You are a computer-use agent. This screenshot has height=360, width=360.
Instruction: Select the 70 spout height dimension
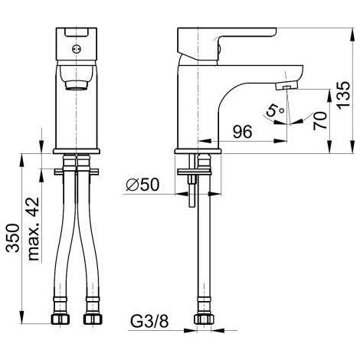(x=320, y=121)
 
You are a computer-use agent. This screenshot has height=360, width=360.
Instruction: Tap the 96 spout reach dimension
(x=242, y=132)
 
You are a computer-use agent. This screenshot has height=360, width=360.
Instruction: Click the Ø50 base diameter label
(x=142, y=185)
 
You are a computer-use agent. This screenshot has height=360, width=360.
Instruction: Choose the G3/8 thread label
(x=149, y=321)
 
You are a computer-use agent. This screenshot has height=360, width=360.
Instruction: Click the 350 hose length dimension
(x=13, y=238)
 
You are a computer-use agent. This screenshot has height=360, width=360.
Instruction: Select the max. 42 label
(x=34, y=229)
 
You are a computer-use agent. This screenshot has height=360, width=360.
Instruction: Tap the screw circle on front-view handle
(x=77, y=49)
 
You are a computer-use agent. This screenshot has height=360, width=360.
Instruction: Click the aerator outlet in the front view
(x=77, y=85)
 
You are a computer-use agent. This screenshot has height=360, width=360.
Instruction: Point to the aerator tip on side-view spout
(x=286, y=86)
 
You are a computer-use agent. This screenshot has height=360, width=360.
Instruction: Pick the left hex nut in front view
(x=61, y=319)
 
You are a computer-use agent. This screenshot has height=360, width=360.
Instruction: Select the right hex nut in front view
(x=93, y=319)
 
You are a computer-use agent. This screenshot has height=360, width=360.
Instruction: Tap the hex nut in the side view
(x=204, y=319)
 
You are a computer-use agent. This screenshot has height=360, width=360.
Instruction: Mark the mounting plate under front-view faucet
(x=77, y=172)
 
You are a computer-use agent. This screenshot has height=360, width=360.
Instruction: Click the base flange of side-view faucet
(x=198, y=152)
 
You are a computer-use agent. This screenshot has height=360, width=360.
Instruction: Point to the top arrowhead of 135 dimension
(x=352, y=34)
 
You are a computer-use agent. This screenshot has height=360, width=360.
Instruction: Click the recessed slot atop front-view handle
(x=77, y=32)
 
